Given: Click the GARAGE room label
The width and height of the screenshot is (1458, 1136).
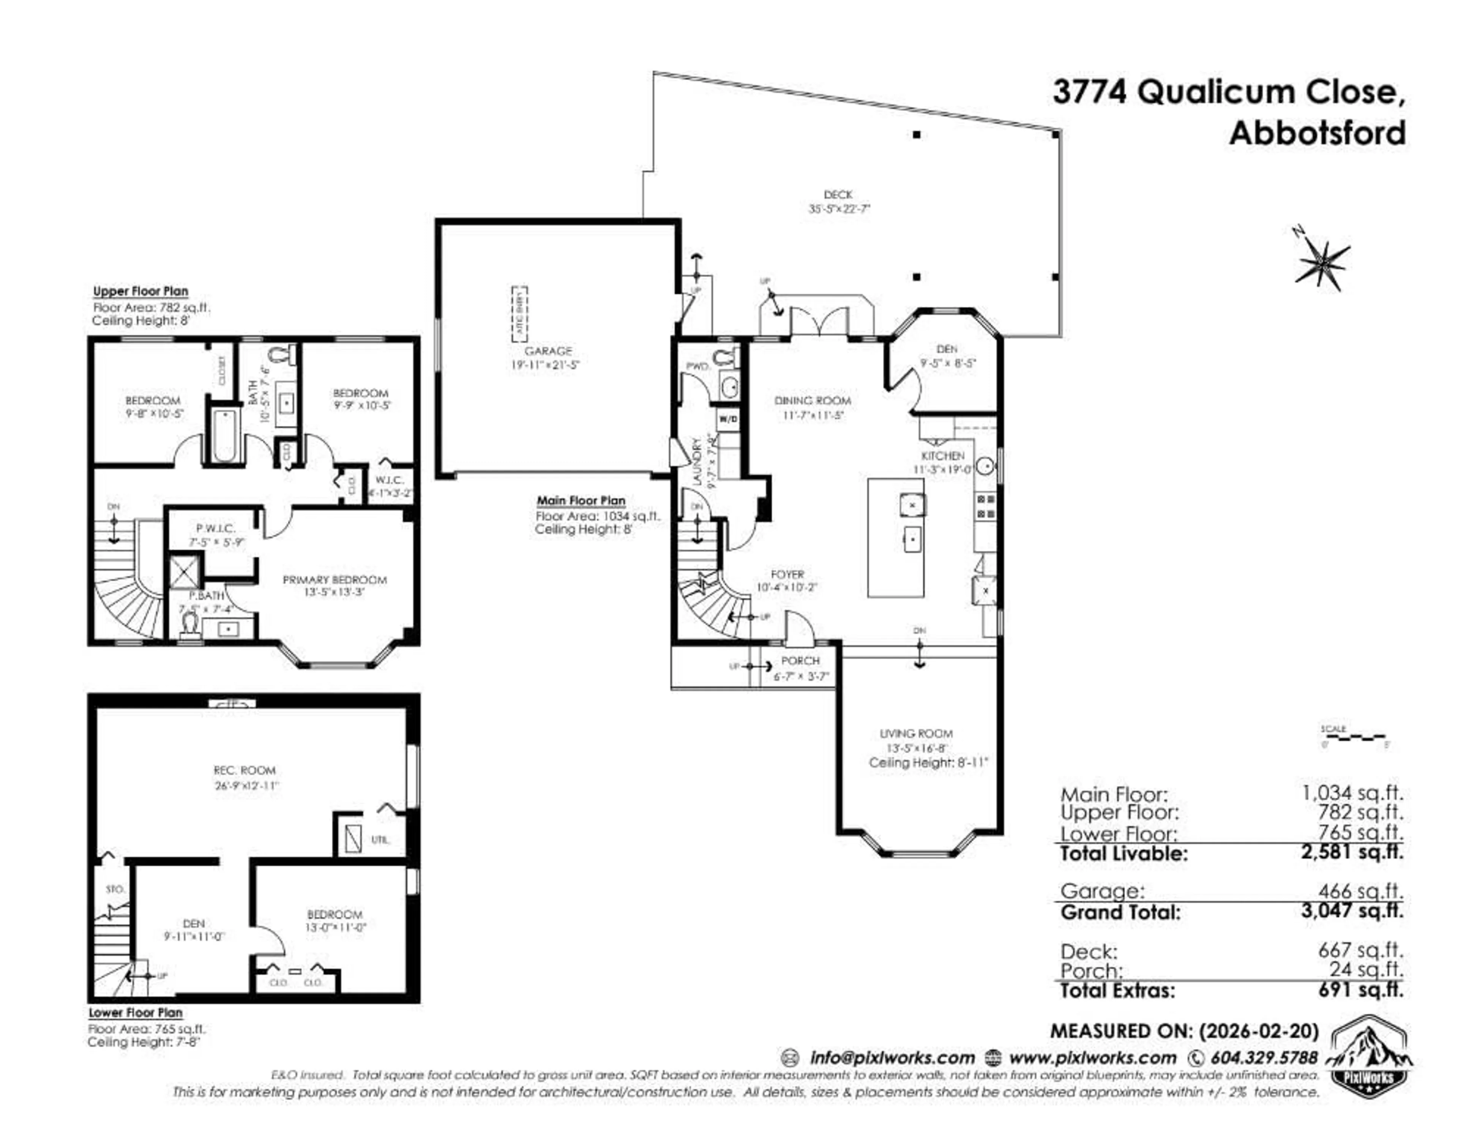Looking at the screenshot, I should click(x=548, y=350).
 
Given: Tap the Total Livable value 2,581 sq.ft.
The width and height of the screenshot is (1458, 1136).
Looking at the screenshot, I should click(x=1352, y=852).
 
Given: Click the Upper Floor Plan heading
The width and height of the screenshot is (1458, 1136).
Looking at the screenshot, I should click(x=140, y=291).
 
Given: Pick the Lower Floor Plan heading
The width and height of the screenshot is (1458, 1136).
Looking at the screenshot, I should click(x=136, y=1013).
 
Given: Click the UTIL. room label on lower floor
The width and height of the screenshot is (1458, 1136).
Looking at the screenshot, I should click(x=380, y=839).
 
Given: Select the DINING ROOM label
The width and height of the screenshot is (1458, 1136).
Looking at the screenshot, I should click(x=813, y=401).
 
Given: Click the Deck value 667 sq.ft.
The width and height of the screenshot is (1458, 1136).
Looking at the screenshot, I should click(x=1360, y=949).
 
